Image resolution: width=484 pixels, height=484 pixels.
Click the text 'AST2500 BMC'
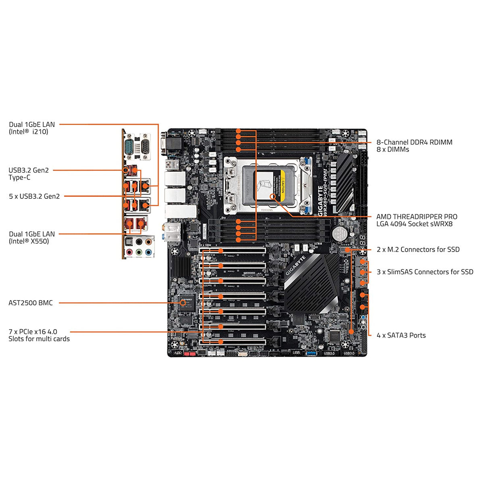31,303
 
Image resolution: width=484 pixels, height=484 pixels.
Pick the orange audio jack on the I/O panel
149,242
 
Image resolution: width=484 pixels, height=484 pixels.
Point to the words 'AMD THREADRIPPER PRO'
417,217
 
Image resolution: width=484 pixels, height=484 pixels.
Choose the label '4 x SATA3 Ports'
401,335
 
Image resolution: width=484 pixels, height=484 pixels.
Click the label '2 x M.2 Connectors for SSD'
418,250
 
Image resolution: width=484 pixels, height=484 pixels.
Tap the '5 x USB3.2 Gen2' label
34,196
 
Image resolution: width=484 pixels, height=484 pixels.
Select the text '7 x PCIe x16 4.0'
33,332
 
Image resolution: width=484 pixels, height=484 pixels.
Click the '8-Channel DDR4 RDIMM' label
414,142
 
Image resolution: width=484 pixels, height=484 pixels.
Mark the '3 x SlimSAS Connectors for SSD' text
425,272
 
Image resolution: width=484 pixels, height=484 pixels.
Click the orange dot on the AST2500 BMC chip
183,302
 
